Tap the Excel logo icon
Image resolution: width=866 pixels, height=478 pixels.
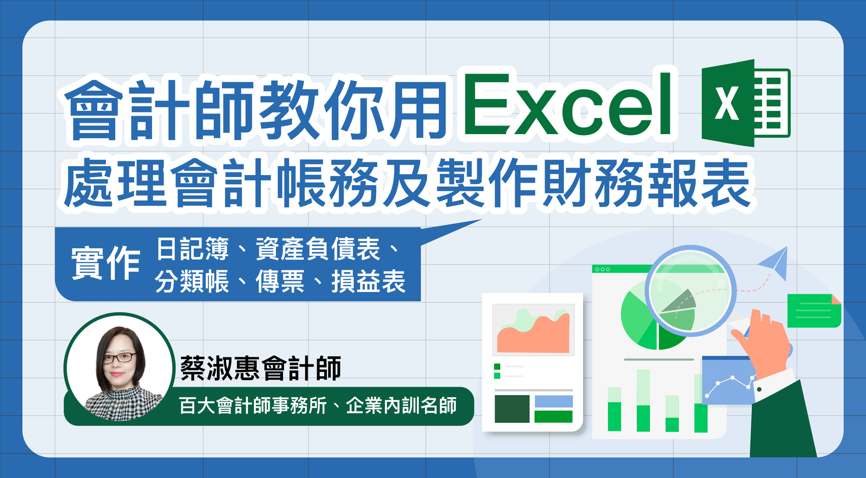[745, 103]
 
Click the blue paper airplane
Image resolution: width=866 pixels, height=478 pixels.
[776, 263]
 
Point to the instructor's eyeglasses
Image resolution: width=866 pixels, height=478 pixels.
[119, 357]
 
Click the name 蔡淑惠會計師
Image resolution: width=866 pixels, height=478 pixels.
[261, 369]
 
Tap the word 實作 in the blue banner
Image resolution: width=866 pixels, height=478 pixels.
[106, 263]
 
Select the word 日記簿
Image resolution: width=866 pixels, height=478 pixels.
[193, 249]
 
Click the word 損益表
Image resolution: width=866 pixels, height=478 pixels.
[368, 282]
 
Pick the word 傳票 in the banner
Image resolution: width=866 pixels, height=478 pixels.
[280, 282]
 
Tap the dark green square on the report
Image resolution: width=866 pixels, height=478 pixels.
[511, 409]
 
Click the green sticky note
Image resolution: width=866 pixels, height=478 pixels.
[813, 311]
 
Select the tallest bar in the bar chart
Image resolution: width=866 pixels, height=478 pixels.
[643, 400]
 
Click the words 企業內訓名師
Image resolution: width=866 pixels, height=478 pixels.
[401, 406]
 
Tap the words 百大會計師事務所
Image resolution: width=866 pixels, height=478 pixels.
[253, 406]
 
